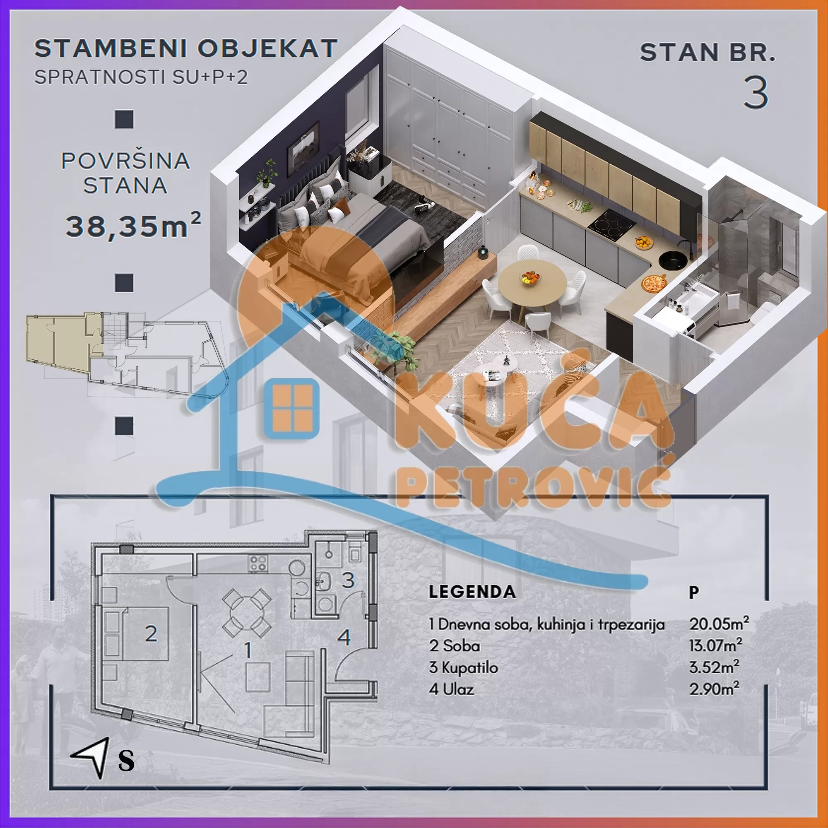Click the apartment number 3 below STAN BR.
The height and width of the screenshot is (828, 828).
(756, 93)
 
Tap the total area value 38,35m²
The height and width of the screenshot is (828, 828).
(133, 226)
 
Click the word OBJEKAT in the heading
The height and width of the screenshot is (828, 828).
(267, 48)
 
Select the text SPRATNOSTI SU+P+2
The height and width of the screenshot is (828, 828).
(141, 77)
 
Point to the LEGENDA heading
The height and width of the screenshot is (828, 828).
(472, 592)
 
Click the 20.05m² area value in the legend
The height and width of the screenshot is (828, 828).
(719, 624)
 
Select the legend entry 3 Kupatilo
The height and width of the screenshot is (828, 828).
(463, 667)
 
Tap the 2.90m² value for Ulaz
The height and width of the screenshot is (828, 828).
(714, 689)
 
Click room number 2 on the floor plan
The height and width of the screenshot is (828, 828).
(151, 634)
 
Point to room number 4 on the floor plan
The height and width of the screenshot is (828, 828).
(344, 637)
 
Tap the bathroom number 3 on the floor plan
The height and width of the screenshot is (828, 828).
(348, 580)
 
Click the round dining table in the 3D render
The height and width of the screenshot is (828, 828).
(532, 283)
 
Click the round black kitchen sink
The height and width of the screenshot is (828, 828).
(672, 260)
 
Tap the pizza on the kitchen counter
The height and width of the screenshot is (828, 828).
(654, 283)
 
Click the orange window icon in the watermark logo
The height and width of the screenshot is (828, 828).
(293, 409)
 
